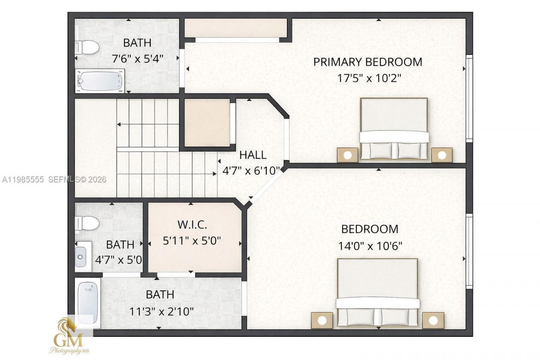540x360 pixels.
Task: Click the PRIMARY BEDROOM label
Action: click(x=367, y=62)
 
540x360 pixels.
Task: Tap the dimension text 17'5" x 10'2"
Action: click(x=367, y=78)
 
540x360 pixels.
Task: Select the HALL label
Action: click(x=253, y=155)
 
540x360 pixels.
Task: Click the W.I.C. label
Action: click(x=192, y=225)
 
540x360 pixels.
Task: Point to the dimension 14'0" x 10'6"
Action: click(x=370, y=246)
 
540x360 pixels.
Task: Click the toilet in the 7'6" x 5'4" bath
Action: click(x=87, y=47)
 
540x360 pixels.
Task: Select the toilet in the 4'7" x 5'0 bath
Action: click(x=87, y=223)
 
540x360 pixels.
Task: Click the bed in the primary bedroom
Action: click(x=394, y=129)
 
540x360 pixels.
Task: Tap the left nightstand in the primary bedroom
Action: click(x=347, y=155)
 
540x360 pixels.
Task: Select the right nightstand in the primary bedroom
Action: click(x=442, y=155)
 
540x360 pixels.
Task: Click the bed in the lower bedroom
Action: click(x=378, y=292)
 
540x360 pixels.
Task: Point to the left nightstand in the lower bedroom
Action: click(x=322, y=320)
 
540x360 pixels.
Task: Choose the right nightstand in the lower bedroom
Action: click(x=433, y=320)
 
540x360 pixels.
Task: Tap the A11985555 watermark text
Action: click(x=23, y=179)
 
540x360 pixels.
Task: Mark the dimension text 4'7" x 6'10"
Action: click(x=251, y=171)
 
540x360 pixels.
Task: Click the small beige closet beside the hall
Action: click(x=207, y=123)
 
